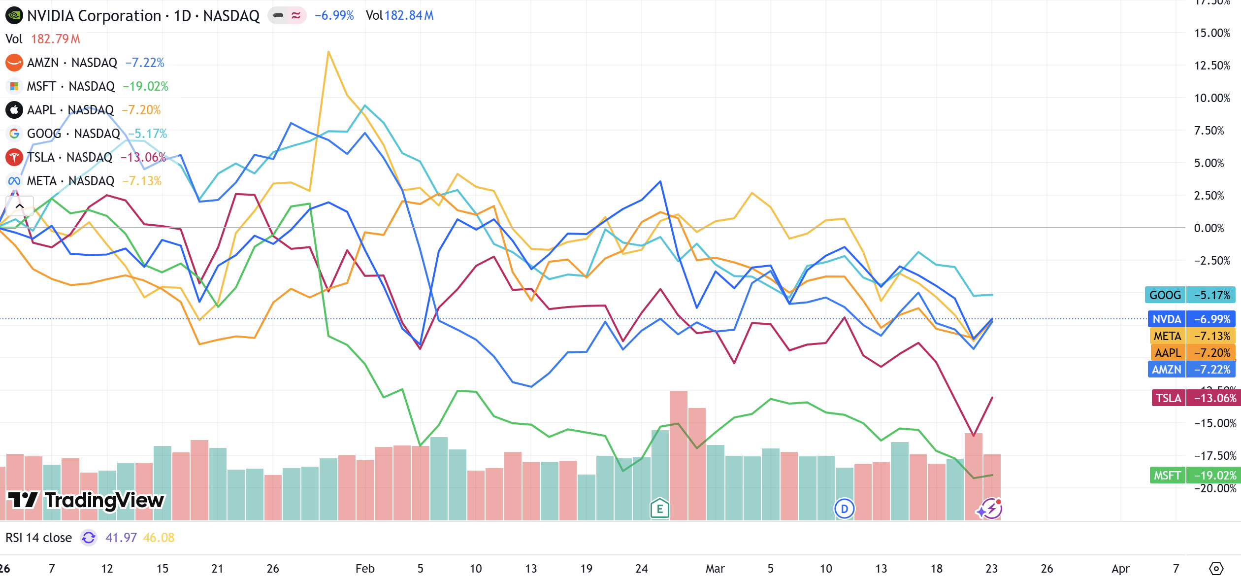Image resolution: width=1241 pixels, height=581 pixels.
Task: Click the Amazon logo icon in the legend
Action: tap(14, 63)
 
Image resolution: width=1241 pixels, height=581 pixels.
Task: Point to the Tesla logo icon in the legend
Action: tap(14, 157)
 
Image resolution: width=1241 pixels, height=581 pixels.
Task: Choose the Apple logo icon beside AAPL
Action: tap(14, 110)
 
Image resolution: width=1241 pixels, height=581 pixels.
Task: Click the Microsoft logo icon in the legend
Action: tap(14, 86)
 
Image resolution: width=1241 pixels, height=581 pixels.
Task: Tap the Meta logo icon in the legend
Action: tap(14, 181)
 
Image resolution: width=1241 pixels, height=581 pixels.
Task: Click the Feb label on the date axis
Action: tap(365, 569)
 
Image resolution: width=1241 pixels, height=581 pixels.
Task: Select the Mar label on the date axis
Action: tap(715, 569)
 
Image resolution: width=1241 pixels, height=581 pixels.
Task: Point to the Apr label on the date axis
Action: tap(1120, 569)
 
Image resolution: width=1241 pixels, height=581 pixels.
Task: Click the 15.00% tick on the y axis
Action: tap(1212, 33)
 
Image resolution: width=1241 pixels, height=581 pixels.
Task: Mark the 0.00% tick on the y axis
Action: tap(1208, 228)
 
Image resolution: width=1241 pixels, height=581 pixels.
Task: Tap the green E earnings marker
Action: tap(659, 509)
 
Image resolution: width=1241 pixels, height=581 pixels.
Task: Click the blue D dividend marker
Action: tap(844, 509)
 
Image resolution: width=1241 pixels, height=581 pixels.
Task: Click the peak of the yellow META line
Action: tap(328, 52)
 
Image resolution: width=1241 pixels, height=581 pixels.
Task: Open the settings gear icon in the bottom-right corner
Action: tap(1216, 569)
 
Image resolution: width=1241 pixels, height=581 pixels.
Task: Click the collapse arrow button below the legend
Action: tap(20, 206)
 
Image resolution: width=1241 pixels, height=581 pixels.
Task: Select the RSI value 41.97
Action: tap(121, 538)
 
